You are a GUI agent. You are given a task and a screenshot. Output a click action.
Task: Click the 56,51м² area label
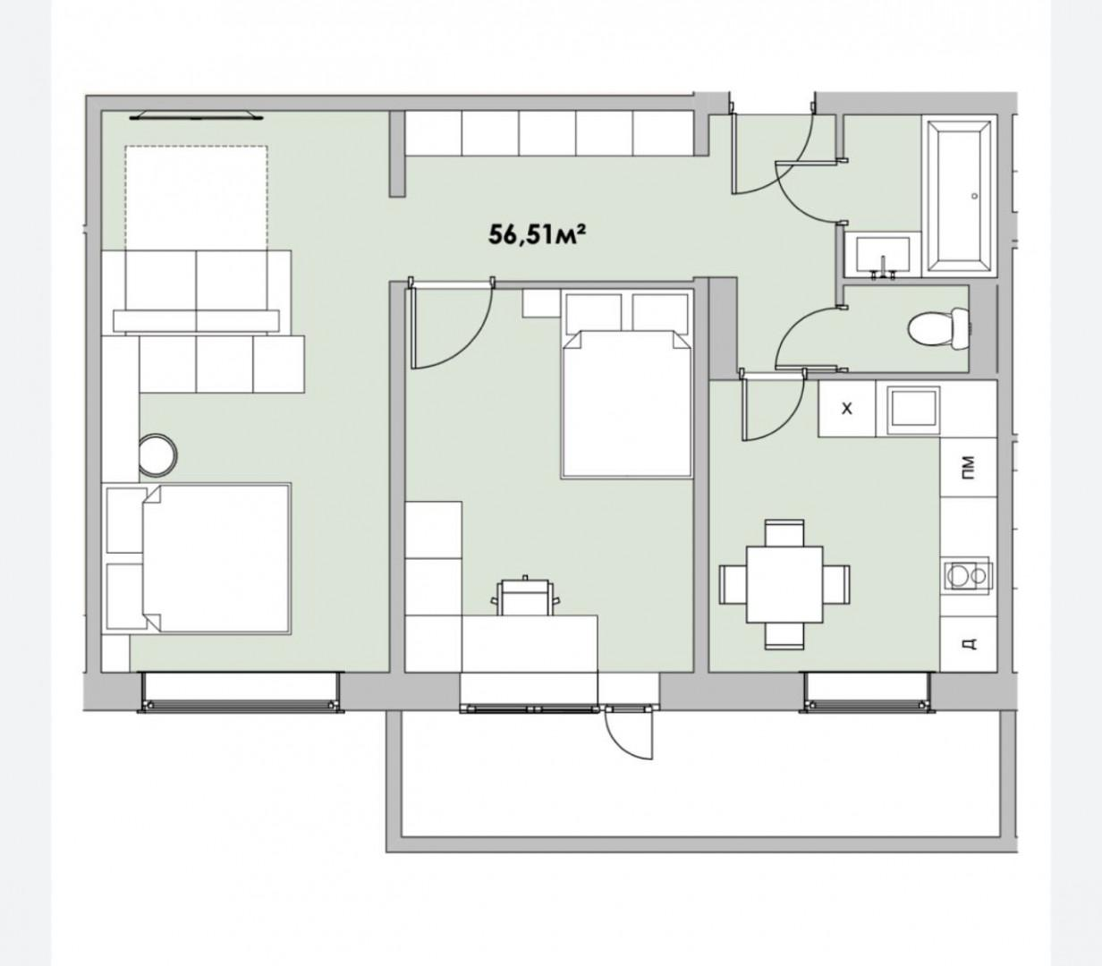click(x=537, y=235)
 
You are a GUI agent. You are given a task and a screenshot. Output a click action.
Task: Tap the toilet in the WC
click(x=939, y=328)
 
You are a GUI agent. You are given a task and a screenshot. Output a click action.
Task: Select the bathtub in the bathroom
click(x=959, y=197)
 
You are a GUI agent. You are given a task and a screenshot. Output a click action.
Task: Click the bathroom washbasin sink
click(x=883, y=256)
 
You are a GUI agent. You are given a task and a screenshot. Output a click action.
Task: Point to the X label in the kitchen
click(x=847, y=409)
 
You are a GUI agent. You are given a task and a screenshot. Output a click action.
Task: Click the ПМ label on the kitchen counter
click(x=967, y=467)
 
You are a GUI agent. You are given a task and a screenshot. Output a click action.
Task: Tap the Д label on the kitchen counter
click(x=968, y=643)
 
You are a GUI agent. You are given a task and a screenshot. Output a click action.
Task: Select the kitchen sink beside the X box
click(x=914, y=411)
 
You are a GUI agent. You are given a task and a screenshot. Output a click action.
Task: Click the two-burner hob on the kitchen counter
click(x=967, y=575)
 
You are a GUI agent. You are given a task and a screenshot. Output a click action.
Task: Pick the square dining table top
click(x=784, y=585)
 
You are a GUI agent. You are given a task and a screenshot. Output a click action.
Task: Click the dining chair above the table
click(x=784, y=534)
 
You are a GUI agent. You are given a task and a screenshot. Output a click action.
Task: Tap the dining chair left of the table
click(x=733, y=584)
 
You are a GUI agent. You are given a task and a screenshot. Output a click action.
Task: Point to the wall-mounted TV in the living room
click(x=197, y=116)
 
